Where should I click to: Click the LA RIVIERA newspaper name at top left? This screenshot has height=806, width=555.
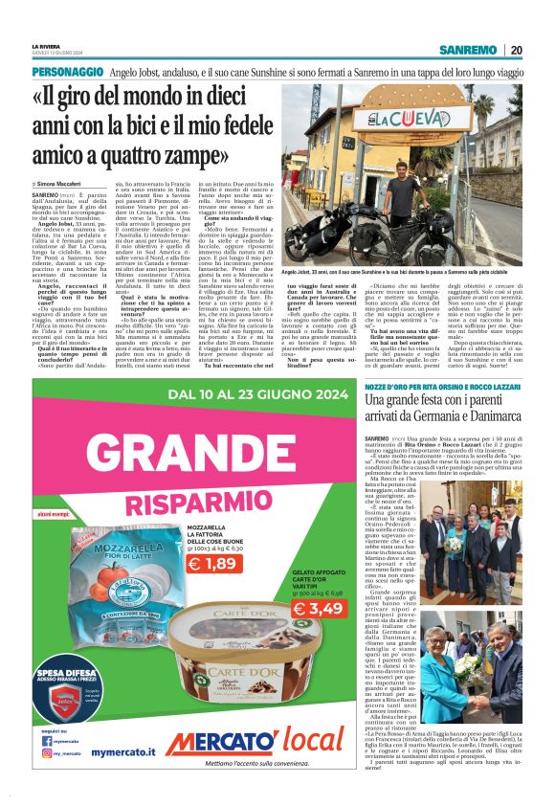pos(47,45)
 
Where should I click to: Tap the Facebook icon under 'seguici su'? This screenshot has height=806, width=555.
pos(47,740)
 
